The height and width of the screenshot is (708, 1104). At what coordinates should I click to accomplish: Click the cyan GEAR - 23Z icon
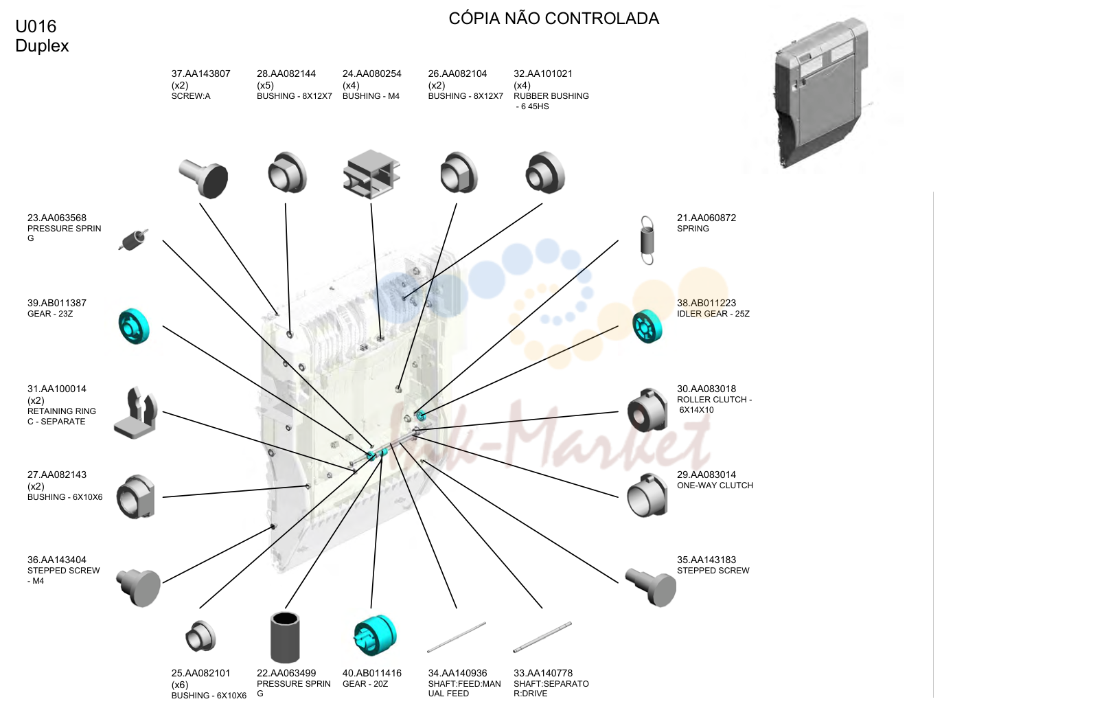[134, 326]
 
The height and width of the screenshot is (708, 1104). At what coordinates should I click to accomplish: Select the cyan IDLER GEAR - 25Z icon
[647, 326]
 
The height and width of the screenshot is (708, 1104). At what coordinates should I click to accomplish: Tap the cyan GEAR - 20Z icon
[375, 635]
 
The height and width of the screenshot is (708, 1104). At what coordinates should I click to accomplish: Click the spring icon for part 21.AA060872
[647, 240]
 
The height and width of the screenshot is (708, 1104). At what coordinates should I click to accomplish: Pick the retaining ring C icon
[135, 413]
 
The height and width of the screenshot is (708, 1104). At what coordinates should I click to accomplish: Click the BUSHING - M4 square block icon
[371, 174]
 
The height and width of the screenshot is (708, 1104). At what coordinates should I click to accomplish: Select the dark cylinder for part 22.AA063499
[285, 637]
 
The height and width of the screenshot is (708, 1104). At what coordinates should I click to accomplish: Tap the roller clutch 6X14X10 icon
[647, 410]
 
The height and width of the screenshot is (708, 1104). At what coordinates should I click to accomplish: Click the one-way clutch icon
[647, 496]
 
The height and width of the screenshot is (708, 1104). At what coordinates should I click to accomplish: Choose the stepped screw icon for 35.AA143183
[651, 586]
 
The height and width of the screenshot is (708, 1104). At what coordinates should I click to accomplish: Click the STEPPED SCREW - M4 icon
[139, 586]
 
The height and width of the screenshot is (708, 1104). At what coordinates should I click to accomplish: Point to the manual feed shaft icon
[457, 637]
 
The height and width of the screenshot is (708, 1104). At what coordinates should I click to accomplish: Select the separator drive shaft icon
[542, 637]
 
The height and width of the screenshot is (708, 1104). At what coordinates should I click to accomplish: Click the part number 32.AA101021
[543, 74]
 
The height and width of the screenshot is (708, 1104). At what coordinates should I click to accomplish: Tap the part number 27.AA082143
[57, 475]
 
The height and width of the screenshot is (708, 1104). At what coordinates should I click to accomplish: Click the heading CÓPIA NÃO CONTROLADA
[553, 19]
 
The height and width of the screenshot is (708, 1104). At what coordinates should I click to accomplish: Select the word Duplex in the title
[42, 46]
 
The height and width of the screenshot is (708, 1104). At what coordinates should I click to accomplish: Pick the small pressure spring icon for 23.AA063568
[133, 240]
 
